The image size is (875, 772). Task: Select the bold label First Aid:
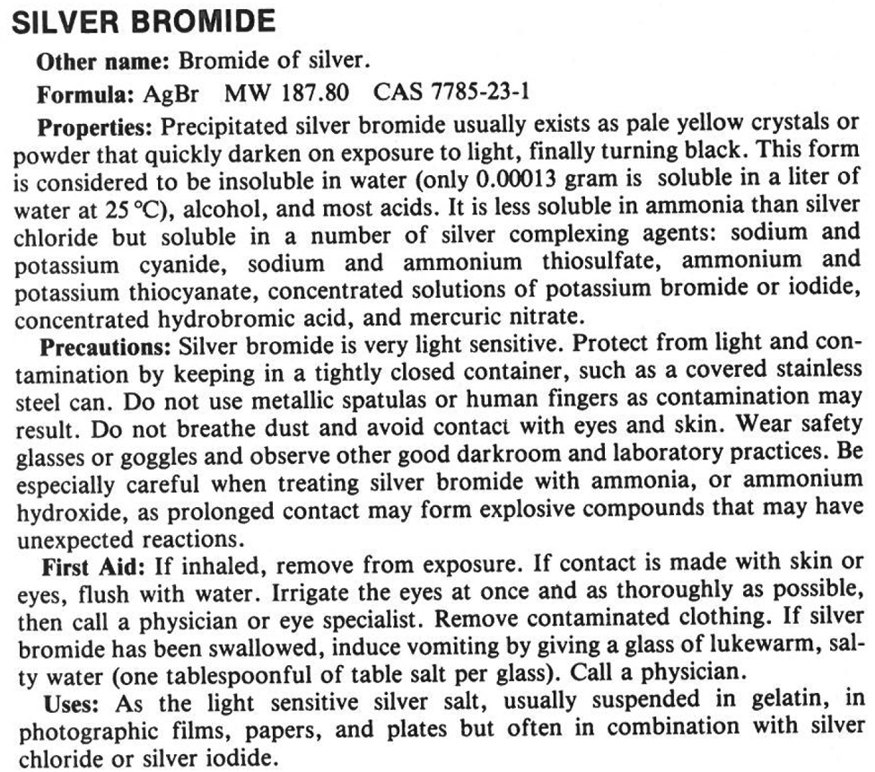pos(93,568)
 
